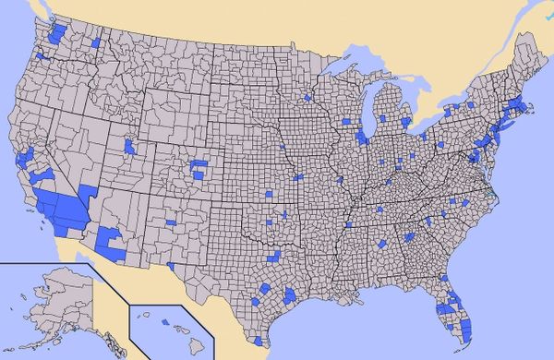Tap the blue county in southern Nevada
[x=88, y=193]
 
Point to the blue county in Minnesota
[x=307, y=97]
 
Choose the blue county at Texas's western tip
[x=171, y=266]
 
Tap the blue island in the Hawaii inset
[x=165, y=321]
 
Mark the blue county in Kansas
[x=269, y=194]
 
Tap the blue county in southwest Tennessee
[x=348, y=224]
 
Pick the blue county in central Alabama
[x=380, y=243]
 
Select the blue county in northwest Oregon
[x=42, y=56]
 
